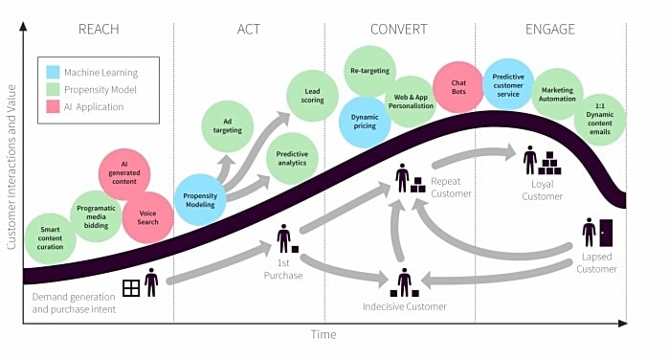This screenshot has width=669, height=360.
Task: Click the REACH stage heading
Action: coord(99,29)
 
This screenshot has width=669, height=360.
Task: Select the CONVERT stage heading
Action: coord(398,29)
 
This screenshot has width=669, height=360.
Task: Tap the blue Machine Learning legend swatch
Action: coord(53,72)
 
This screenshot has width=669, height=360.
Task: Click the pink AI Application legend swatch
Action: coord(53,107)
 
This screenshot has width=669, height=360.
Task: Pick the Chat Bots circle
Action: coord(458,87)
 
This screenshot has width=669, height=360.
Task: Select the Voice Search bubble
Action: coord(147,217)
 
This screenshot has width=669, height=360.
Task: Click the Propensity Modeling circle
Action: coord(200,200)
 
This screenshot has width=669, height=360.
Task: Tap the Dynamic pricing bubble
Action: coord(365,122)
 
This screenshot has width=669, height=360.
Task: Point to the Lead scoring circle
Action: coord(312,96)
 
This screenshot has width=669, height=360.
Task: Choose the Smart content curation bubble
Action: coord(51,238)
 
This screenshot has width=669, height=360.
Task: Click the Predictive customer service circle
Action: coord(508,85)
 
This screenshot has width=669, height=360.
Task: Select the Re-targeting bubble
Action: coord(370,71)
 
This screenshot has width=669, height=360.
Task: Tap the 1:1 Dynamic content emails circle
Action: coord(600,119)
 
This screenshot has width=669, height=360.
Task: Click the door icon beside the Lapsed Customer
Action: coord(606,233)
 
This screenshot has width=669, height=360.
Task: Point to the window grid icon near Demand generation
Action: coord(131,288)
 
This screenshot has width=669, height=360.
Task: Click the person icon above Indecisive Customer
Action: coord(404,281)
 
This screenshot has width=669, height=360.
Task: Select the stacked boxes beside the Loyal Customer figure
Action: coord(549,163)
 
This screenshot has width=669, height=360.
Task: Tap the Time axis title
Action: coord(323,334)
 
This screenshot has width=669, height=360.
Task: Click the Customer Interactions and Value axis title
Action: coord(11,167)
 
